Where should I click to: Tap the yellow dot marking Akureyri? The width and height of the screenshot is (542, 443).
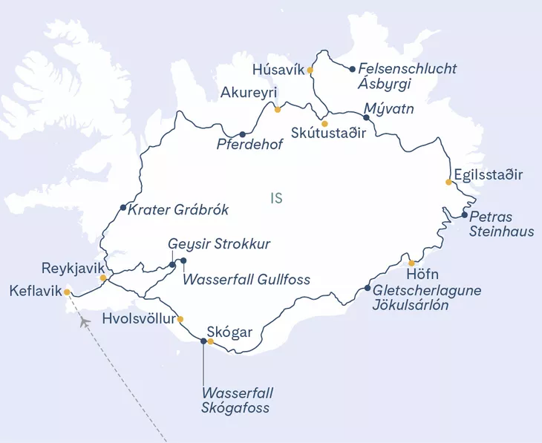click(x=278, y=110)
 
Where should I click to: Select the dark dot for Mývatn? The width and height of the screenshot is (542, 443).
click(x=365, y=117)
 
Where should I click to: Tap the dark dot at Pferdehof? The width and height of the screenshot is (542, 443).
click(x=242, y=134)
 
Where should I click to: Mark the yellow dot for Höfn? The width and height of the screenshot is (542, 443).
click(x=411, y=263)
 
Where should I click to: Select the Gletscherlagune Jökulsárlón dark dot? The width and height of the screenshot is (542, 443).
click(x=368, y=289)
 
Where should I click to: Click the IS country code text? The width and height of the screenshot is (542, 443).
click(x=276, y=198)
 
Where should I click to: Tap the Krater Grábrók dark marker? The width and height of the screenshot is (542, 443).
click(x=123, y=208)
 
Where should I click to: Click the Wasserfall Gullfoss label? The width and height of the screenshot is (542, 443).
click(x=246, y=280)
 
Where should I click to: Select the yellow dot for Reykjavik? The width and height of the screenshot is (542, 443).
click(x=104, y=278)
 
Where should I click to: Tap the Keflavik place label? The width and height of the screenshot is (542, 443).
click(x=34, y=292)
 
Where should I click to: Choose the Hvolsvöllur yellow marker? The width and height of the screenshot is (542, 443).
click(x=180, y=320)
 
